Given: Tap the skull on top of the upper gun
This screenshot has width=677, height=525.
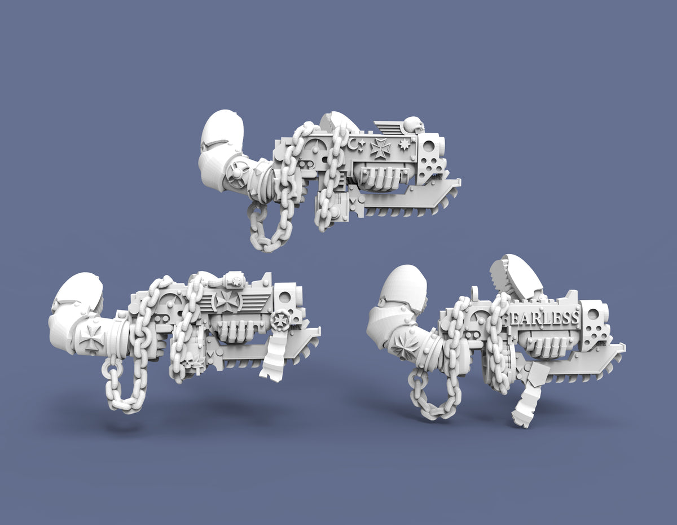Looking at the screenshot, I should [x=414, y=124].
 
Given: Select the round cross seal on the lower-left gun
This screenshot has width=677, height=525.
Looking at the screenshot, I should [x=279, y=320].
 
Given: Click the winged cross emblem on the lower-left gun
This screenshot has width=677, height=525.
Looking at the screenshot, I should [x=228, y=300].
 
